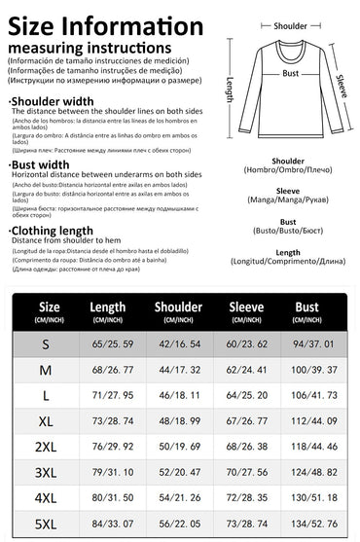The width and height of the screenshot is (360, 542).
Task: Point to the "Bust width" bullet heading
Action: [39, 164]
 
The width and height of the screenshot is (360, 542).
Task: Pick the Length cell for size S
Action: [107, 343]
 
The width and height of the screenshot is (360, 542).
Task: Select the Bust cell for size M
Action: [306, 371]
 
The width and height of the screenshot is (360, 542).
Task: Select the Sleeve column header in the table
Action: [246, 311]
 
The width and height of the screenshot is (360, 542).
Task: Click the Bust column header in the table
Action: [306, 311]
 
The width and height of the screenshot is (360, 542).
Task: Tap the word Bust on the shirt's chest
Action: [290, 73]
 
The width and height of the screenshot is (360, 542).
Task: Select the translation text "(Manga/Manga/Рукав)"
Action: [288, 203]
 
